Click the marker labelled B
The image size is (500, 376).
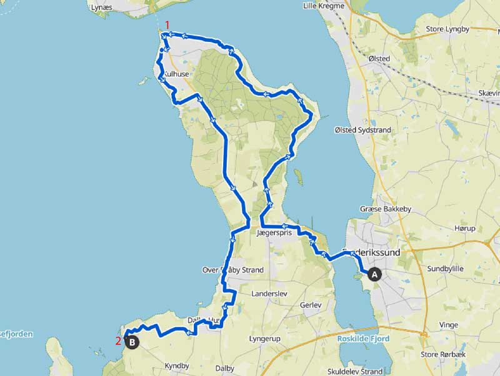tap(132, 342)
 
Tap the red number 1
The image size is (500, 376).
tap(167, 24)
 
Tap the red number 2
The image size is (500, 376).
tap(117, 341)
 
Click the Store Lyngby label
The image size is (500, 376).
tap(447, 29)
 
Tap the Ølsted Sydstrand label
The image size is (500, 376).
tap(362, 130)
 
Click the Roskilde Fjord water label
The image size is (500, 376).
tap(363, 339)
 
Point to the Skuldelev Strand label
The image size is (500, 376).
tap(351, 371)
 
